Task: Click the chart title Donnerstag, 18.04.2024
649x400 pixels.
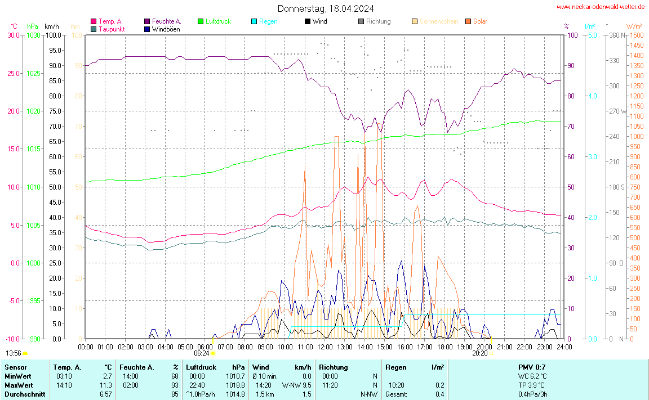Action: pos(325,8)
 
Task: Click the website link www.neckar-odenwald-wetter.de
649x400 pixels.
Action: pos(600,7)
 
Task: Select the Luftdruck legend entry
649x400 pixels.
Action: pos(217,21)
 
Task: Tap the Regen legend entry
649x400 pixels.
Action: pos(268,21)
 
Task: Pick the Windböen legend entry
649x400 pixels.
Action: pos(166,29)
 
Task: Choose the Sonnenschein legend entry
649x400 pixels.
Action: pos(438,21)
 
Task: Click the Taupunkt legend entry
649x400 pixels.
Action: pos(112,29)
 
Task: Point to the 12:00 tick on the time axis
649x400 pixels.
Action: pos(325,347)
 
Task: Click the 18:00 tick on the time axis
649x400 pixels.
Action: pos(445,347)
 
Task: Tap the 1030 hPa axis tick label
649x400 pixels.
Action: pos(33,35)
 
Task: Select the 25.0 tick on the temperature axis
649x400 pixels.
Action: pos(12,73)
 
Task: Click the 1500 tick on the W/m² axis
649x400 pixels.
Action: pos(637,35)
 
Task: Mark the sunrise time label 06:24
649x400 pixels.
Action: pos(202,353)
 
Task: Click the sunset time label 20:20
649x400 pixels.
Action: pos(479,353)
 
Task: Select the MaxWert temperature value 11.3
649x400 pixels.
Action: pos(107,385)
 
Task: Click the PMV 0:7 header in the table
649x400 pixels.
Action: pos(531,367)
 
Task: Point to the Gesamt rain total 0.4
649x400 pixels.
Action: pos(439,394)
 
